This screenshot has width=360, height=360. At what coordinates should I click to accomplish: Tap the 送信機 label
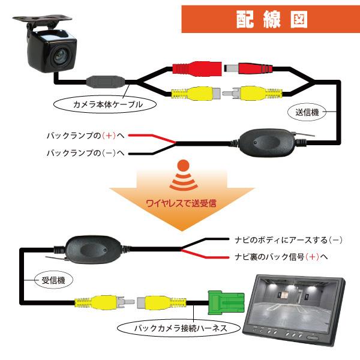tap(307, 112)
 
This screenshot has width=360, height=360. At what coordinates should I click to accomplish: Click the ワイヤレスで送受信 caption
tap(181, 203)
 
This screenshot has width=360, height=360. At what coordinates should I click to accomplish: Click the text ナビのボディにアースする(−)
tap(288, 240)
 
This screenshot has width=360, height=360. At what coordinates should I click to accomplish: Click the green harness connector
tap(223, 301)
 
